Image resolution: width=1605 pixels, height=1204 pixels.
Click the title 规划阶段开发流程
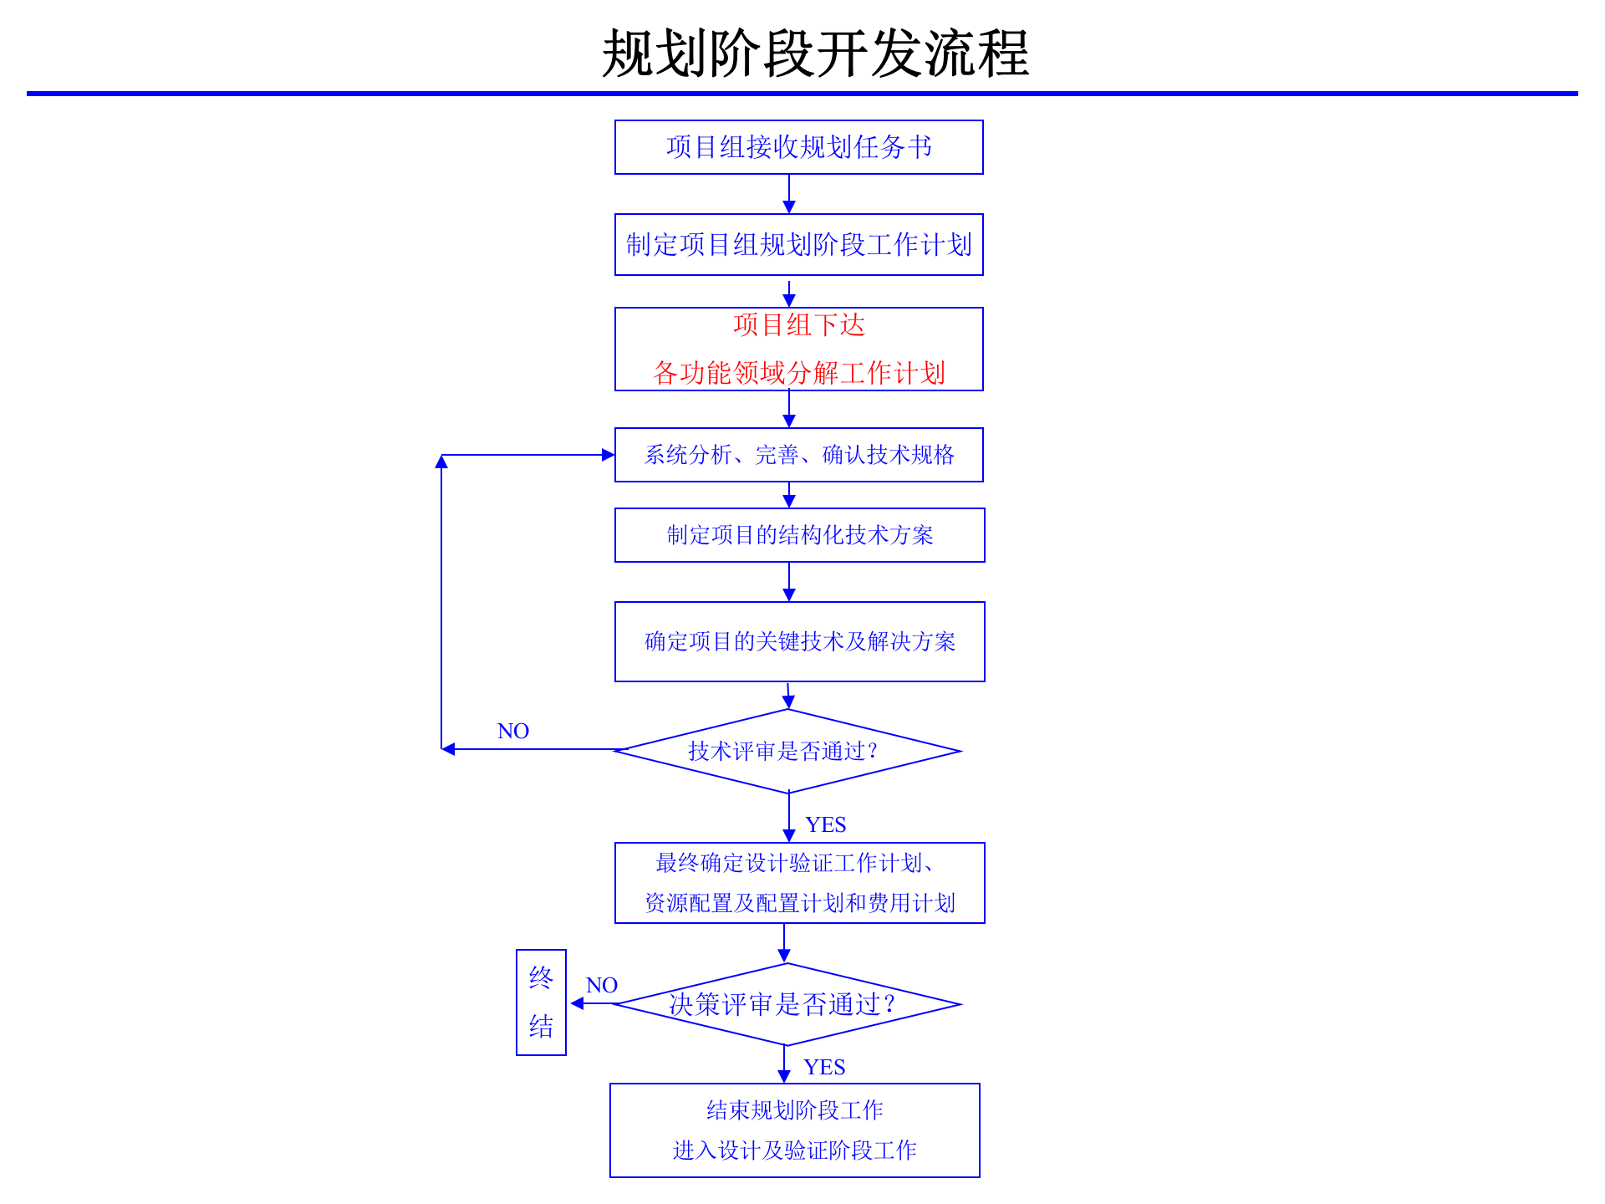click(815, 54)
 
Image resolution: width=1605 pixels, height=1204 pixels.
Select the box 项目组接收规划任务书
click(798, 147)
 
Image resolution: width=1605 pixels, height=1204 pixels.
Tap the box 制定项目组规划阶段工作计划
click(798, 244)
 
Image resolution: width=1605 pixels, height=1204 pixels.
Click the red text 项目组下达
click(798, 325)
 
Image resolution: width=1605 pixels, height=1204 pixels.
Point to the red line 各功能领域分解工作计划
click(798, 373)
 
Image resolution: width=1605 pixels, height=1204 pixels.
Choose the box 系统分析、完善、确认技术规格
click(798, 455)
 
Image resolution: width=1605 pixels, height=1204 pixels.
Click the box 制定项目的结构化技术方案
click(799, 535)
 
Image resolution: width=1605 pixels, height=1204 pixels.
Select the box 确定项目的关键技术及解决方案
click(799, 641)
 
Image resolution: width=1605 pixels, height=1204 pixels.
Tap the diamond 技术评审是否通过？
click(787, 751)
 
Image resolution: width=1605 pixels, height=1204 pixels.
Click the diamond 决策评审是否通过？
click(786, 1004)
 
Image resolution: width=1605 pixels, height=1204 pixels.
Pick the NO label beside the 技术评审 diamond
click(512, 732)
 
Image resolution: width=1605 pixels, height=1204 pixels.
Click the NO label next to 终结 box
click(601, 985)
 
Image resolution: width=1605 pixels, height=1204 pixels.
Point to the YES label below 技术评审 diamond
click(826, 825)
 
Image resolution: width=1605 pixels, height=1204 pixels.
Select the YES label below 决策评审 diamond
click(824, 1068)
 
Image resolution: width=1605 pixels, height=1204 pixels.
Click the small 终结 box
click(541, 1002)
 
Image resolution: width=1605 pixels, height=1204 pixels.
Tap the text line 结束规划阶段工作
click(794, 1110)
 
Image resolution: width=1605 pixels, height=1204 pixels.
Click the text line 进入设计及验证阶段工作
click(794, 1150)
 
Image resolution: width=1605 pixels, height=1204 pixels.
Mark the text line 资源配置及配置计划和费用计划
click(799, 903)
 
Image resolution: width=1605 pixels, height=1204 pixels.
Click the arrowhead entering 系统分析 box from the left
click(608, 455)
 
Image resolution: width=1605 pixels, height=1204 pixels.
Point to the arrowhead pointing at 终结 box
click(577, 1003)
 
